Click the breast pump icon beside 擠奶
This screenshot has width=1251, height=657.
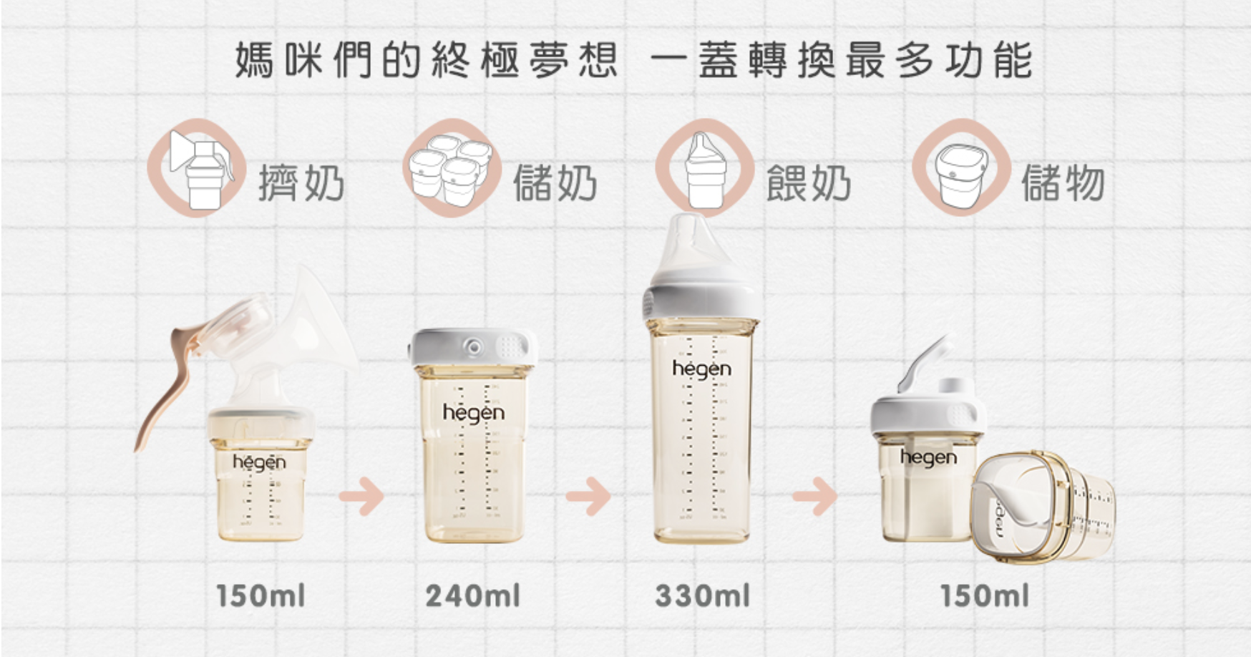tap(197, 168)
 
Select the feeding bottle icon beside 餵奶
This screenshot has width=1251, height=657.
tap(705, 169)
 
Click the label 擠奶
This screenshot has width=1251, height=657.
tap(301, 183)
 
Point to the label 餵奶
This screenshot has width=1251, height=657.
tap(809, 183)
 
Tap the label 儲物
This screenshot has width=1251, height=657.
tap(1063, 183)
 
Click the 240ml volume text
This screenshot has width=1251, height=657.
tap(473, 596)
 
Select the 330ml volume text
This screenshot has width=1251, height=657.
tap(703, 596)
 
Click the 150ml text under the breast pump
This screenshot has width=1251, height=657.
tap(261, 596)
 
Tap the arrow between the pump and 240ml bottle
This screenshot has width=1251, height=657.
tap(361, 495)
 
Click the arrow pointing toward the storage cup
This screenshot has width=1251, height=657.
tap(814, 495)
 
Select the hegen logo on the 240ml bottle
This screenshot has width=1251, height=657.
tap(473, 413)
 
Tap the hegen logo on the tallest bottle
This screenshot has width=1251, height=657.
tap(701, 369)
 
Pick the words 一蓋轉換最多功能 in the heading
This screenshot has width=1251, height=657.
tap(841, 60)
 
